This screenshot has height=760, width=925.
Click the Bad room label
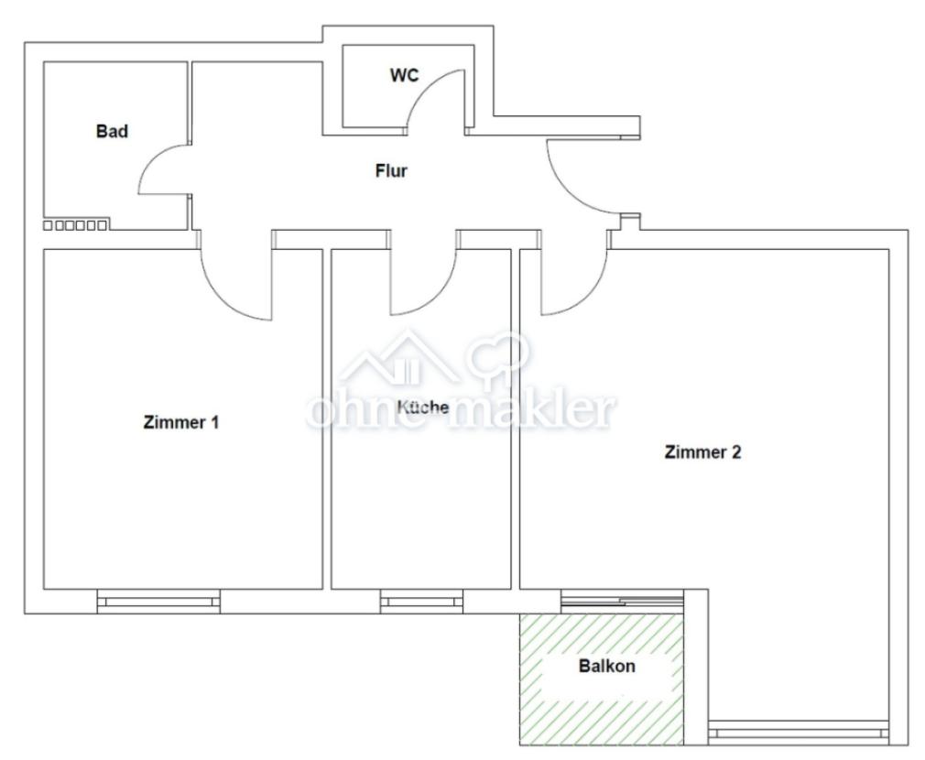pyautogui.click(x=112, y=131)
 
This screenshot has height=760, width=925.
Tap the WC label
pyautogui.click(x=404, y=75)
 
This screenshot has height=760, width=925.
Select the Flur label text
pyautogui.click(x=391, y=170)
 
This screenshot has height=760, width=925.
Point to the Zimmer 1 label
pyautogui.click(x=181, y=423)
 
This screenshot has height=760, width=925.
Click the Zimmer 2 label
pyautogui.click(x=702, y=451)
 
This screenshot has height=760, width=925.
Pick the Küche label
pyautogui.click(x=423, y=406)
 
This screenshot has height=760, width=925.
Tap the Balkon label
pyautogui.click(x=606, y=666)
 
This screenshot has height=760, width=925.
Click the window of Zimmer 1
pyautogui.click(x=158, y=602)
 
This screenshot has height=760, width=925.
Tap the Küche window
pyautogui.click(x=422, y=602)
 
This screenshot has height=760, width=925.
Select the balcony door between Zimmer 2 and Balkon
pyautogui.click(x=622, y=601)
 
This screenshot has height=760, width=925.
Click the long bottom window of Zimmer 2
pyautogui.click(x=799, y=732)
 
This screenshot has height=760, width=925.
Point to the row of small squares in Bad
pyautogui.click(x=76, y=224)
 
